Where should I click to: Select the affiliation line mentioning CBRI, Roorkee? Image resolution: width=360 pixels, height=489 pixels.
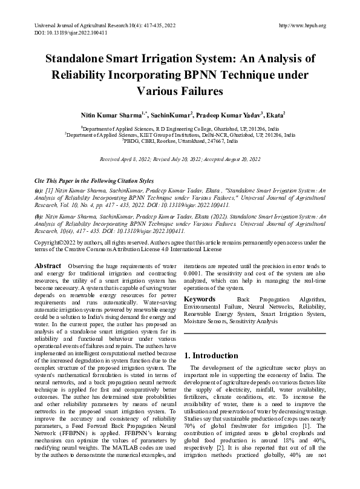(x=180, y=140)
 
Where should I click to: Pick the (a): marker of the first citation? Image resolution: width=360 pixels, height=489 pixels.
(x=39, y=191)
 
